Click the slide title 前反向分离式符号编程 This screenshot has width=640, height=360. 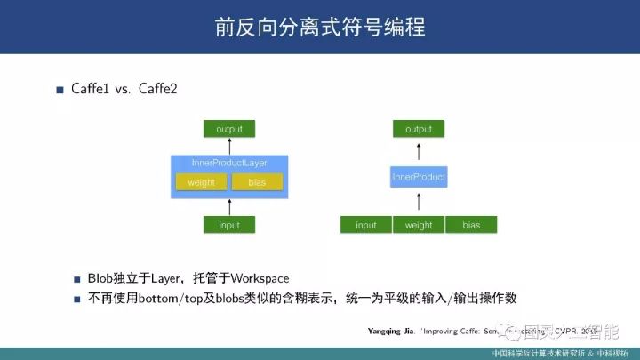(319, 28)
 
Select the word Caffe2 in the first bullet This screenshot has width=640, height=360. (159, 90)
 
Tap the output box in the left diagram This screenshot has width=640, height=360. (229, 129)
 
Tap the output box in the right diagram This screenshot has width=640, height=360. (419, 129)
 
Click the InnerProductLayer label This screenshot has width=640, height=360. (229, 164)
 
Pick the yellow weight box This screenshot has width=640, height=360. (202, 182)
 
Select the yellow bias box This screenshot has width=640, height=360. (257, 182)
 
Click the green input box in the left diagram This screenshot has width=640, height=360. (229, 225)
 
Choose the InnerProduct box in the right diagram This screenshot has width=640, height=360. (419, 178)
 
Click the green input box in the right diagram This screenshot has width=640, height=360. (366, 225)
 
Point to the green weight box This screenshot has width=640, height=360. (419, 225)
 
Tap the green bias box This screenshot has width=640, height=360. (471, 225)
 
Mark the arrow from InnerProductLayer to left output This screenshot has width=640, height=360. (229, 147)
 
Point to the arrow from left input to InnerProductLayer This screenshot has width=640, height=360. (229, 206)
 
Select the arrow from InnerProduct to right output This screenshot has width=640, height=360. (419, 151)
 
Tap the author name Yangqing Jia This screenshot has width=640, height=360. (384, 330)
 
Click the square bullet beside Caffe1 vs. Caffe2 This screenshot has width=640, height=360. (60, 91)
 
